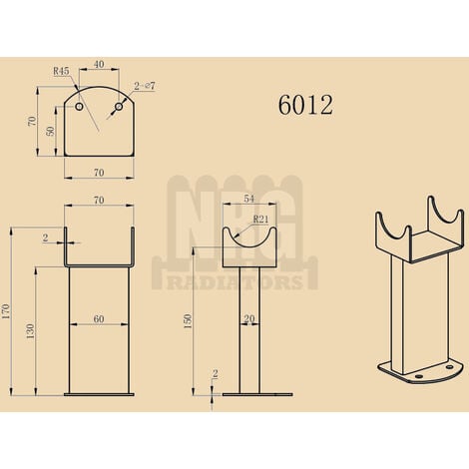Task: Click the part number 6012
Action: (x=306, y=104)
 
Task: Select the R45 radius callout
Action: (x=61, y=72)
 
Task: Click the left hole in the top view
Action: (x=79, y=105)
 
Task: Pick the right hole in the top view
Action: (x=118, y=105)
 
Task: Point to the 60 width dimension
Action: (x=98, y=319)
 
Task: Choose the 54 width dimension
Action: (x=248, y=201)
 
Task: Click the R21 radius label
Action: (x=260, y=219)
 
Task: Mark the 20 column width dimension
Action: (x=249, y=319)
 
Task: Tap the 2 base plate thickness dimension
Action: (x=215, y=374)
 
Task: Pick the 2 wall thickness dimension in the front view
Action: (x=45, y=237)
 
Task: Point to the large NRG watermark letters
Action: (x=237, y=220)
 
